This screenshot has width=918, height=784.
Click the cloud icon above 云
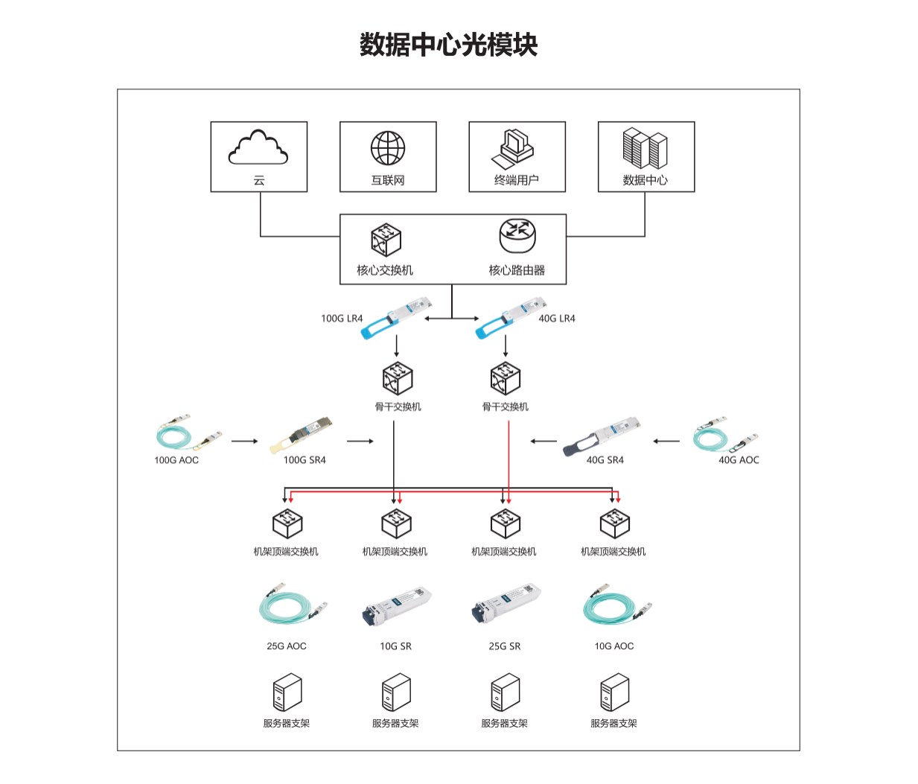tap(258, 147)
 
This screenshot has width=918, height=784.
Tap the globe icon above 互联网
tap(388, 148)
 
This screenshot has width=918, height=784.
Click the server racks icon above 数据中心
tap(645, 147)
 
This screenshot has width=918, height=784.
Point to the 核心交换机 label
tap(384, 270)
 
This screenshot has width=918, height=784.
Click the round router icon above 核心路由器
tap(517, 235)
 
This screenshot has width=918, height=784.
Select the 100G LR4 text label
tap(342, 319)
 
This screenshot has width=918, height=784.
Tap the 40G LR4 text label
tap(557, 319)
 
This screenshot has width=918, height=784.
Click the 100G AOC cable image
tap(188, 433)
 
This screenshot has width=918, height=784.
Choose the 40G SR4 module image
tap(602, 436)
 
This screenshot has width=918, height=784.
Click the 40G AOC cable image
tap(724, 433)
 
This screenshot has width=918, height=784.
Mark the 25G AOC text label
tap(287, 646)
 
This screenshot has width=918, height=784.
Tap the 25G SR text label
tap(505, 646)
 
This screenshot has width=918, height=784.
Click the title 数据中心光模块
tap(448, 45)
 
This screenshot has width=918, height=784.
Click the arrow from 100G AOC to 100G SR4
tap(244, 442)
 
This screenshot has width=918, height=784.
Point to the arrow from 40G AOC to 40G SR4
tap(666, 442)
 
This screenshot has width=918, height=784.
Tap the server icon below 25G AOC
tap(287, 693)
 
